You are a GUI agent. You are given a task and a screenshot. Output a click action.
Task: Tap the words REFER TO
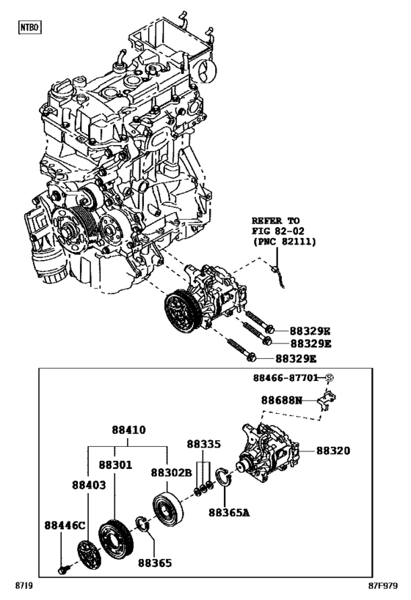click(276, 220)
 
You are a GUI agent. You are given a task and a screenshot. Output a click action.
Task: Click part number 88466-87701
click(287, 379)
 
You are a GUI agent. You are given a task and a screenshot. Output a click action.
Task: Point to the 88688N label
click(281, 401)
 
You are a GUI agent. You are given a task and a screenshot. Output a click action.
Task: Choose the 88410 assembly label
click(128, 431)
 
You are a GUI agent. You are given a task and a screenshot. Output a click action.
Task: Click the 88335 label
click(203, 444)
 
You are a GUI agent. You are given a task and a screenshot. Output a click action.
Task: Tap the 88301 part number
click(115, 464)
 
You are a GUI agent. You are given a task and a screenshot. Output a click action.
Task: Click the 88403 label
click(89, 484)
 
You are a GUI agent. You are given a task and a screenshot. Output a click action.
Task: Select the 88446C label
click(65, 525)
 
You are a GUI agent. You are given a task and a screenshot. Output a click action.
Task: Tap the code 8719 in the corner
click(24, 587)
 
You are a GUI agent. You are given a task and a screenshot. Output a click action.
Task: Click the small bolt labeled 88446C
click(64, 568)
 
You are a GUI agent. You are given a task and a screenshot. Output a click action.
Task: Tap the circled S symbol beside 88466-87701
click(330, 379)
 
